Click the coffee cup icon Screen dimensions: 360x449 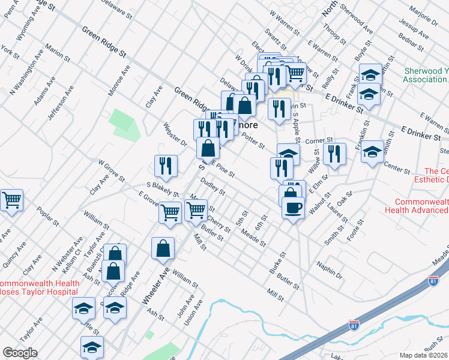pos(292,208)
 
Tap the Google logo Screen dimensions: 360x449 pos(20,353)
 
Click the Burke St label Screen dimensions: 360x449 pos(280,264)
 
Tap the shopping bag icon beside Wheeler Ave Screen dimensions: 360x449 pos(163,248)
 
